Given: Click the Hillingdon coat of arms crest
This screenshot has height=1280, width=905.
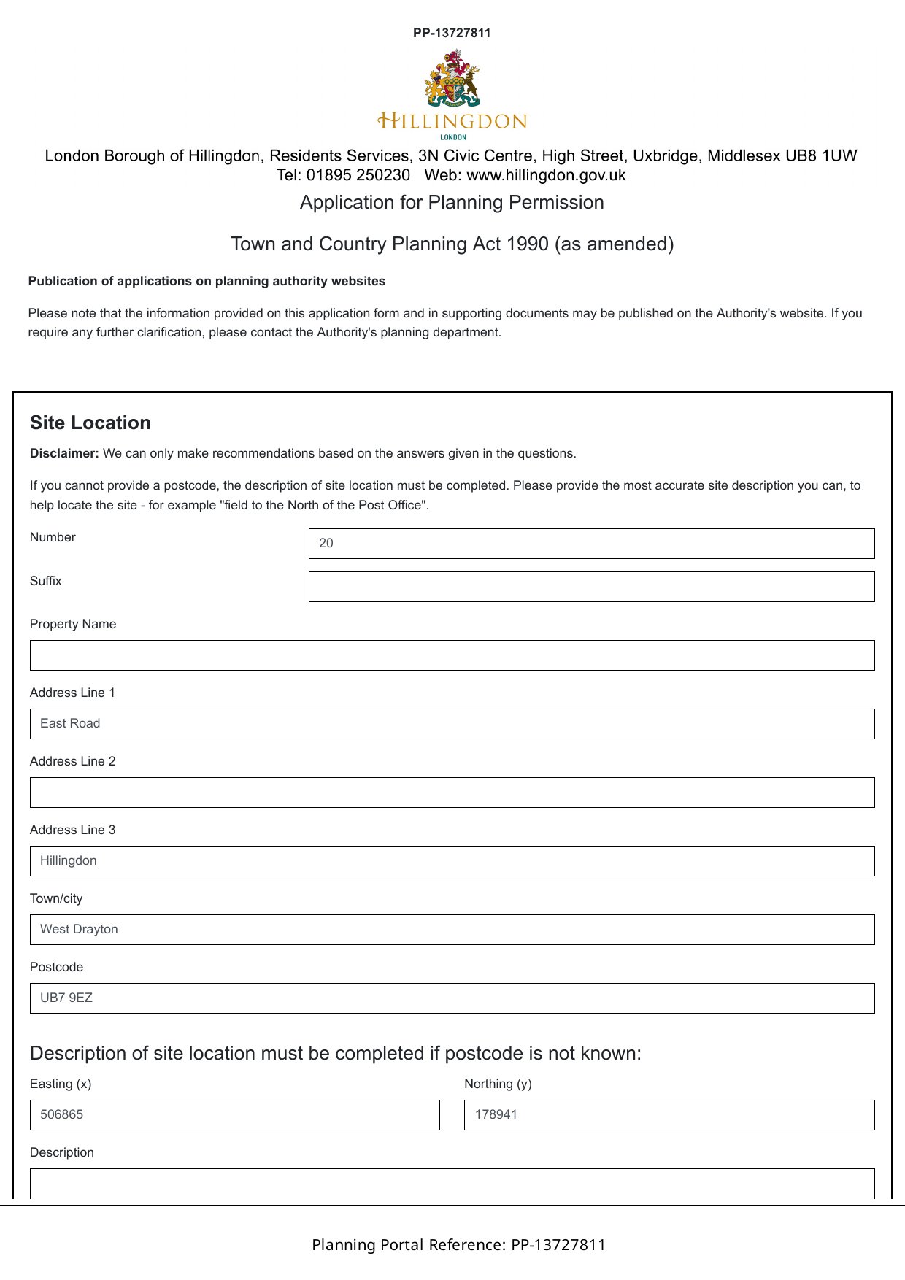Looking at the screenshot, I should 452,79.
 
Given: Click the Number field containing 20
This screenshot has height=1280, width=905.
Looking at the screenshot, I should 591,544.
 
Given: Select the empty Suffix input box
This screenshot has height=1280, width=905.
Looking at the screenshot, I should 591,587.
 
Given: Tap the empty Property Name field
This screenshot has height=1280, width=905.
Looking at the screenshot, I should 452,655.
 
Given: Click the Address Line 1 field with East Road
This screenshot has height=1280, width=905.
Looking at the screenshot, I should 452,724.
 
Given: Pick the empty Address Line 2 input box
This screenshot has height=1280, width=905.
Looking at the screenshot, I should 452,793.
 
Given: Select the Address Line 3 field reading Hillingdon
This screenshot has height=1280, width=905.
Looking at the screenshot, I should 452,861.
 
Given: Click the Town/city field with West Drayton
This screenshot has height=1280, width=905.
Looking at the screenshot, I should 452,930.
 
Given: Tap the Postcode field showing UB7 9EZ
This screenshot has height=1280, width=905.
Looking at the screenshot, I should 452,998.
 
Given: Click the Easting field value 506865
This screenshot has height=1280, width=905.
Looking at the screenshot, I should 234,1115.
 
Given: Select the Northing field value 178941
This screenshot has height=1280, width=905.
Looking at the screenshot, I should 669,1115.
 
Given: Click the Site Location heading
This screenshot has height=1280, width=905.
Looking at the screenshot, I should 90,423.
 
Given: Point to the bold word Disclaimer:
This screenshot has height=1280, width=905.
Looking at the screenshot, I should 64,454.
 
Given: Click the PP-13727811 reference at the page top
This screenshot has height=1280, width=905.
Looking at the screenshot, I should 452,33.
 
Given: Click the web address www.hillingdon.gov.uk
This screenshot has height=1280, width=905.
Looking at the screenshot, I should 546,175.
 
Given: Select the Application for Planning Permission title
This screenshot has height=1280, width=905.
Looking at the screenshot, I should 452,203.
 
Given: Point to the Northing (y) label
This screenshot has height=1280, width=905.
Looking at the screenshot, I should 498,1084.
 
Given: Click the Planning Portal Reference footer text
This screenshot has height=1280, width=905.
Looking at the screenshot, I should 458,1245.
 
